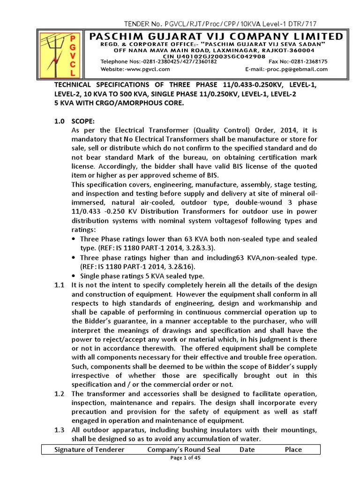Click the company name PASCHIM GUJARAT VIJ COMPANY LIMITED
[216, 37]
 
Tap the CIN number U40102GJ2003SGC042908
[216, 55]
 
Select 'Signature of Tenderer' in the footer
[90, 450]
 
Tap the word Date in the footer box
[247, 450]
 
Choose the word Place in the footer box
[293, 450]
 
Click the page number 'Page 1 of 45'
[185, 459]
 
